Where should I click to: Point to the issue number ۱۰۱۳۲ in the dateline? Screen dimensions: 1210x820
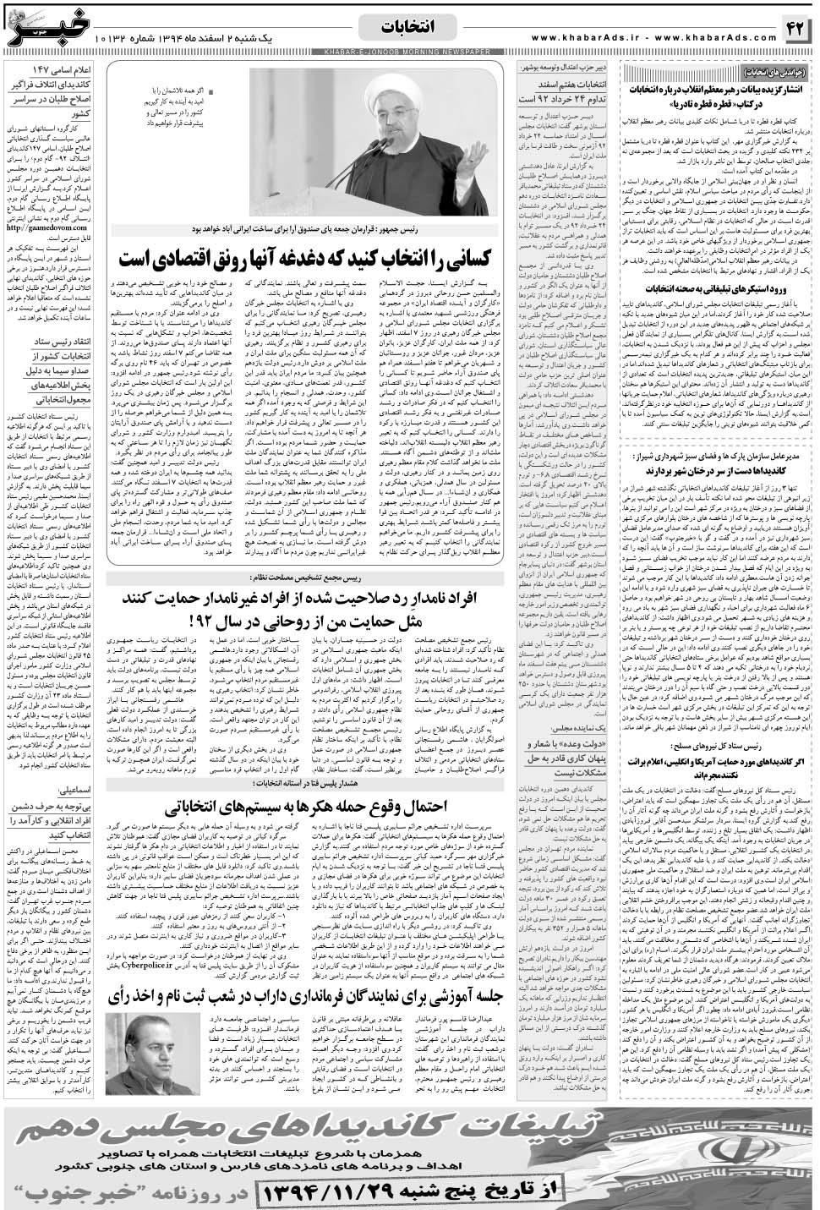(x=118, y=38)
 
